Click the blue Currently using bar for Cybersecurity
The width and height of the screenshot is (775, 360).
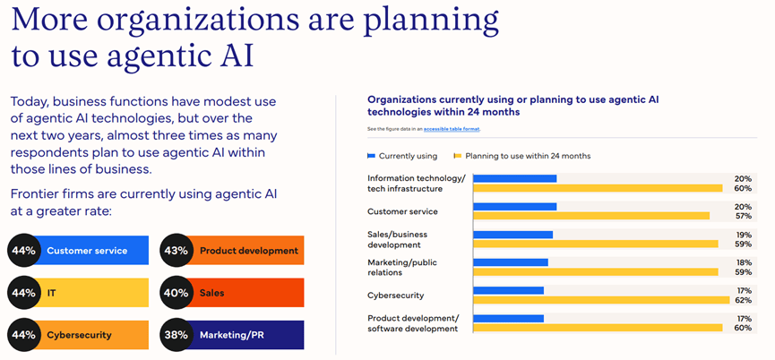(508, 290)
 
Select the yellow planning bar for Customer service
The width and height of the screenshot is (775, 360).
(591, 216)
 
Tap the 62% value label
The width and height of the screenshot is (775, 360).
(743, 300)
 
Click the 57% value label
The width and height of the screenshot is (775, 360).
(743, 216)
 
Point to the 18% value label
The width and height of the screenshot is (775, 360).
(743, 262)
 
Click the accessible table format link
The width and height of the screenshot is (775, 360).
(452, 129)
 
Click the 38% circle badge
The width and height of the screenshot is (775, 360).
(176, 335)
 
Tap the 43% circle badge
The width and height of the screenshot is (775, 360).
(176, 251)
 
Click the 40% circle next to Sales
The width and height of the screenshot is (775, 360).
(176, 293)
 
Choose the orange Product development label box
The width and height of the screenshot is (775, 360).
(248, 251)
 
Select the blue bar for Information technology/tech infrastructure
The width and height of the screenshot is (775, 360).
(514, 178)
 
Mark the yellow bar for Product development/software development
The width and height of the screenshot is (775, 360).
(598, 328)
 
